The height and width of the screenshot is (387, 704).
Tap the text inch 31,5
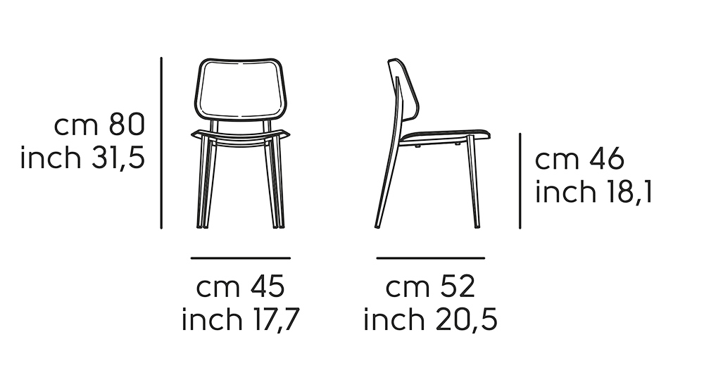click(x=82, y=158)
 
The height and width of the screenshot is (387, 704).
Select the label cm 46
click(x=579, y=160)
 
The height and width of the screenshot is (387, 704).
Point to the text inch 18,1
click(x=593, y=191)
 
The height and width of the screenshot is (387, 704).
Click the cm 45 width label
click(x=240, y=287)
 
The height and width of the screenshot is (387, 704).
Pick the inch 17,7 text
click(x=241, y=320)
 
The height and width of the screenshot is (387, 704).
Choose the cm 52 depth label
click(x=430, y=287)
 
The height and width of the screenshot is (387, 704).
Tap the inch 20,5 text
click(x=430, y=320)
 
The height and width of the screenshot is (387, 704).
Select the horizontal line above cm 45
click(x=240, y=258)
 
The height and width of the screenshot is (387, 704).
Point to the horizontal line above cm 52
click(x=430, y=258)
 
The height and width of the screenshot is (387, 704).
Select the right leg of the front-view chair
click(x=277, y=183)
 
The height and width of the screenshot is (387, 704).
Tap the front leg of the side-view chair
click(x=475, y=183)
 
